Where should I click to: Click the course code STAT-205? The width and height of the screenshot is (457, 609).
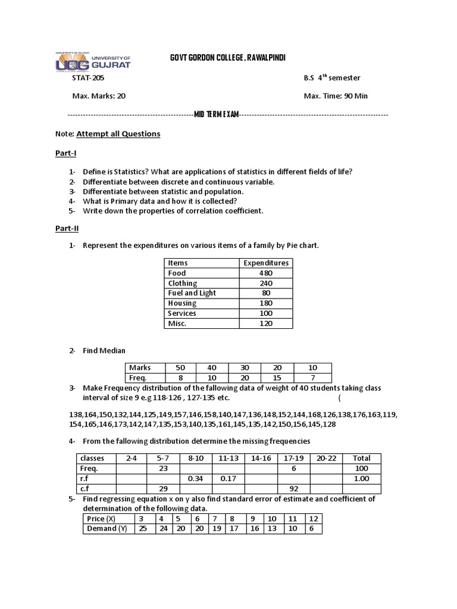90,78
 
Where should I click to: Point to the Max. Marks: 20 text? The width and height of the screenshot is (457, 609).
99,96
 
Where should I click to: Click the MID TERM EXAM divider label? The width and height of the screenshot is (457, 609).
217,114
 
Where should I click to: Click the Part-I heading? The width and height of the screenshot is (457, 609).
65,153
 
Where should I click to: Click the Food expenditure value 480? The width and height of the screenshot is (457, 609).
265,273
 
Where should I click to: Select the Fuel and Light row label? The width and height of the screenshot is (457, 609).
192,293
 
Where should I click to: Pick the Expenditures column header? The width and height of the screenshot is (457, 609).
265,263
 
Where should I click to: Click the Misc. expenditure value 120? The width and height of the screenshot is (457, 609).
265,324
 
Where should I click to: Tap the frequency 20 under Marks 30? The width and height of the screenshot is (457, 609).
245,378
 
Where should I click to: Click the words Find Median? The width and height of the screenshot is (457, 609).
104,351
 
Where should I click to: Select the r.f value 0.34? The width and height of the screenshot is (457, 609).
196,478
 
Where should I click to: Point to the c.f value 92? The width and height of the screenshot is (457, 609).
294,488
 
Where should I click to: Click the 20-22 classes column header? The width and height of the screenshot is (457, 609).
326,458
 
